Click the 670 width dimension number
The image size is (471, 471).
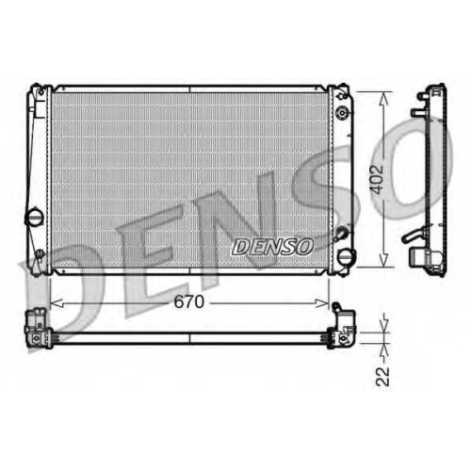point(189,302)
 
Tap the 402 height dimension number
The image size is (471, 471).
point(377,179)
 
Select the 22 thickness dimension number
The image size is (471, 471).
point(382,376)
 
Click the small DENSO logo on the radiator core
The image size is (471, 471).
point(272,246)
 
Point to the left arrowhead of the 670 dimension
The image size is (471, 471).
point(57,303)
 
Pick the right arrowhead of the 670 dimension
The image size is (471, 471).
point(322,303)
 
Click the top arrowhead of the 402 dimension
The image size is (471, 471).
point(383,98)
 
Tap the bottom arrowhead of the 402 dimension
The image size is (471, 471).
point(383,261)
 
